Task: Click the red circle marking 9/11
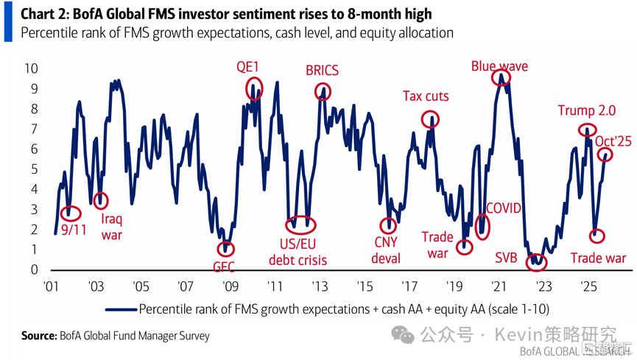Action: (x=70, y=212)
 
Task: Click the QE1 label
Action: (x=247, y=67)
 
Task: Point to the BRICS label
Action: (x=322, y=71)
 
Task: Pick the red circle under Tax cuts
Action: (x=430, y=119)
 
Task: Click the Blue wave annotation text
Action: (x=499, y=66)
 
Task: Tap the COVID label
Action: (x=504, y=208)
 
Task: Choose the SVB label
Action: (x=506, y=258)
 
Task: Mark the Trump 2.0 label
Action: (x=585, y=111)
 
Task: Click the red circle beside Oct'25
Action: (x=605, y=155)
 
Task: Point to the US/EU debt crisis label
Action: (x=298, y=252)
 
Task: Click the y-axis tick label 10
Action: (x=30, y=68)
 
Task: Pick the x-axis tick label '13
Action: (x=319, y=286)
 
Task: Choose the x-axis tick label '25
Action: (x=588, y=286)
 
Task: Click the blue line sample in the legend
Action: (x=122, y=308)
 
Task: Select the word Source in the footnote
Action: (x=38, y=336)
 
